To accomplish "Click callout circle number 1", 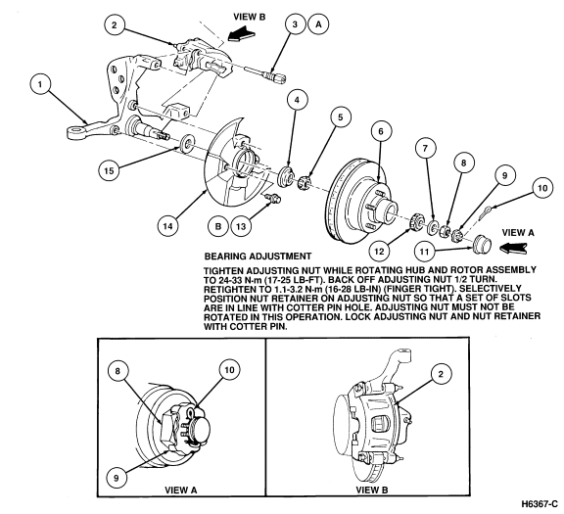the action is click(40, 84).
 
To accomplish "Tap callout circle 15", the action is click(109, 170).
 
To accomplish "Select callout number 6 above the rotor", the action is click(381, 131).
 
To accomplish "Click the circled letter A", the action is click(318, 24).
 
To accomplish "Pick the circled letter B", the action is click(218, 226).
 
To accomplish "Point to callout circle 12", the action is click(380, 251).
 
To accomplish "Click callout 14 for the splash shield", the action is click(168, 226).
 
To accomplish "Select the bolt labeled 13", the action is click(271, 198).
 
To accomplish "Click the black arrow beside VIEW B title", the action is click(240, 34).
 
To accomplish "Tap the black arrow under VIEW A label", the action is click(513, 249).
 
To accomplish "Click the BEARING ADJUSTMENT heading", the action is click(258, 257).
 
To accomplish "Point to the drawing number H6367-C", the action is click(540, 503).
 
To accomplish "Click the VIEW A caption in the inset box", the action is click(181, 490).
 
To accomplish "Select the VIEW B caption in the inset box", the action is click(372, 490).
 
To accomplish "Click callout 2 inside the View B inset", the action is click(441, 374).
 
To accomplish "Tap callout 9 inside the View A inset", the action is click(117, 478).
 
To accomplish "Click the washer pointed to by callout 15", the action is click(187, 144).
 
